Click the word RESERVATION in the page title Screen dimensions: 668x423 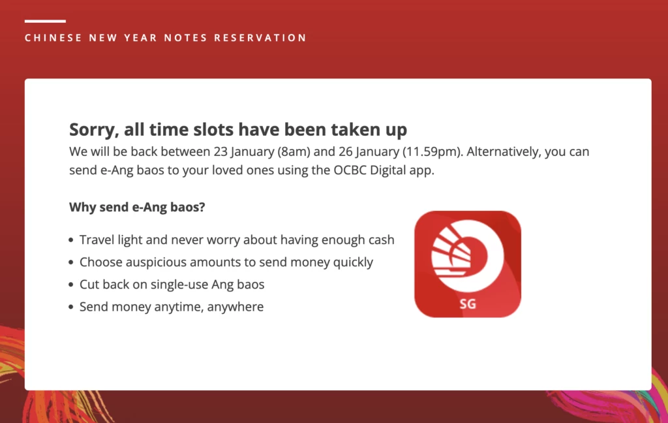pyautogui.click(x=260, y=38)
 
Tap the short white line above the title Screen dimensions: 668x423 pyautogui.click(x=45, y=21)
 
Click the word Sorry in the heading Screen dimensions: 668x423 pyautogui.click(x=94, y=130)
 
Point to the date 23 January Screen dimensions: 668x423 pyautogui.click(x=244, y=152)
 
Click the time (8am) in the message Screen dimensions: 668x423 pyautogui.click(x=294, y=152)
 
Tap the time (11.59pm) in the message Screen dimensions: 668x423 pyautogui.click(x=433, y=152)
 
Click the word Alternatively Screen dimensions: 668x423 pyautogui.click(x=504, y=152)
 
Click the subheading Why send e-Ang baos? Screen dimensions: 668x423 pyautogui.click(x=137, y=207)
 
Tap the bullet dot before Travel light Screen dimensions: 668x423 pyautogui.click(x=71, y=240)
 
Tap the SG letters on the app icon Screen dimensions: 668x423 pyautogui.click(x=468, y=304)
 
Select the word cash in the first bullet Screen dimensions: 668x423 pyautogui.click(x=381, y=240)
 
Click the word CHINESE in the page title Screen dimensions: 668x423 pyautogui.click(x=53, y=38)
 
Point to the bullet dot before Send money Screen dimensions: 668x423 pyautogui.click(x=71, y=307)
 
